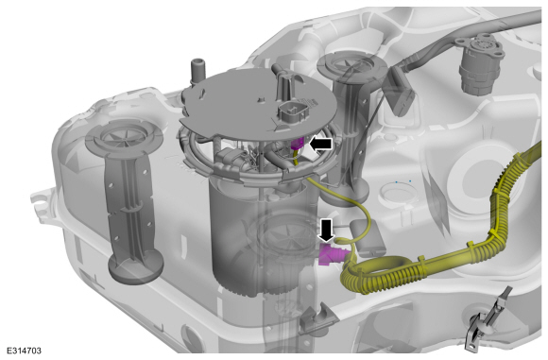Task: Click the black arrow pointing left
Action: coord(321,144)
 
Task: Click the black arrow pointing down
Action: coord(327,231)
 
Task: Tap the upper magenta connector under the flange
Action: coord(297,144)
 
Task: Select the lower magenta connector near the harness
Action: coord(332,254)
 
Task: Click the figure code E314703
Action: coord(25,351)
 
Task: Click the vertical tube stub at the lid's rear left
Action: coord(197,71)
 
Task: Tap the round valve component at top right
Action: coord(480,63)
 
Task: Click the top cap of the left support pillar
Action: coord(124,134)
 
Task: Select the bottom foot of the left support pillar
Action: coord(136,267)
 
